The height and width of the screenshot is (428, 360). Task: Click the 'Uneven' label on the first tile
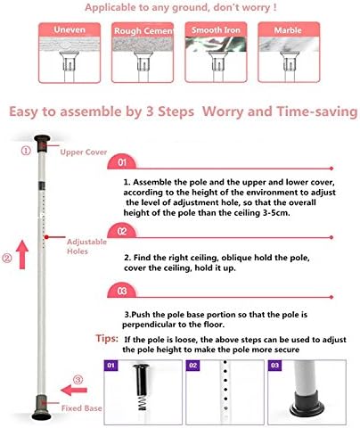(70, 29)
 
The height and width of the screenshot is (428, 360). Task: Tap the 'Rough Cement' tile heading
(143, 31)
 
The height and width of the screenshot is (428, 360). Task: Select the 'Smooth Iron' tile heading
(216, 30)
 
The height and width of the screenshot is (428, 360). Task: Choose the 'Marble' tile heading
(288, 30)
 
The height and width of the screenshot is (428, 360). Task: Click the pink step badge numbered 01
(122, 162)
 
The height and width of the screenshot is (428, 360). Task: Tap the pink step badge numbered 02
(122, 231)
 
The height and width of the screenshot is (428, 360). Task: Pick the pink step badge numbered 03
(122, 291)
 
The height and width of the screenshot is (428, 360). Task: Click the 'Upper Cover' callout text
(84, 152)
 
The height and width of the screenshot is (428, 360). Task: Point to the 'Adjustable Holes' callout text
(86, 246)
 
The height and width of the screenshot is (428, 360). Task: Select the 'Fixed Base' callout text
(81, 408)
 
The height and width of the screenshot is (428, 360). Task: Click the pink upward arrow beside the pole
(22, 255)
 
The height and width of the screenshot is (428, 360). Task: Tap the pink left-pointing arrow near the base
(74, 390)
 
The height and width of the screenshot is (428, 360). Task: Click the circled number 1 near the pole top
(26, 151)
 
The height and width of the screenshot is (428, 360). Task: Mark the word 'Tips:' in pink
(107, 339)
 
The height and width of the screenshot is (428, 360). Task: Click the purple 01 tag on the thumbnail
(110, 366)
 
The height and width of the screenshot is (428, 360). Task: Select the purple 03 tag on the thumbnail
(274, 366)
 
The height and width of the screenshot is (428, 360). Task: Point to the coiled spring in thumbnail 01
(143, 403)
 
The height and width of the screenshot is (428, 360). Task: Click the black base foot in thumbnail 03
(307, 405)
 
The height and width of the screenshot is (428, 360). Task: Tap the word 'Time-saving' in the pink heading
(317, 111)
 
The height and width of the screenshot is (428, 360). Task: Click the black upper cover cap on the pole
(42, 144)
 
